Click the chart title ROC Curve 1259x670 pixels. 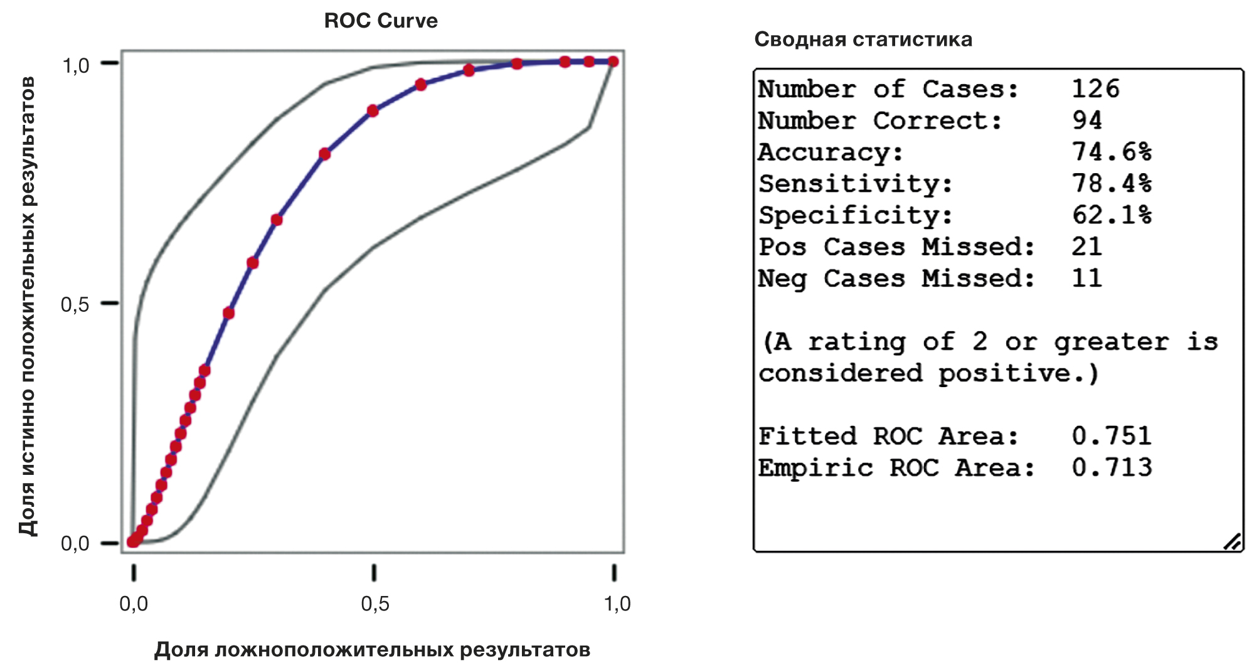coord(381,21)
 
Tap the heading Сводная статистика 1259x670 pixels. coord(863,40)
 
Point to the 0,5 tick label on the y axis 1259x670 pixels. coord(75,305)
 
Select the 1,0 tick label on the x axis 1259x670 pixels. coord(617,604)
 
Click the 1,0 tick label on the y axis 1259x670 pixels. coord(76,65)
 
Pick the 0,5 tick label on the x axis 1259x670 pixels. coord(375,604)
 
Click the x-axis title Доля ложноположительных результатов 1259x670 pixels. coord(372,649)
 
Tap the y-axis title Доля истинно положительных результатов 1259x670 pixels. coord(28,306)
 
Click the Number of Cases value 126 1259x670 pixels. coord(1095,88)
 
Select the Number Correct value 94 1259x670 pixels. coord(1087,120)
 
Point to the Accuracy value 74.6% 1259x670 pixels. coord(1112,152)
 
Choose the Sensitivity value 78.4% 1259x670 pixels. coord(1112,183)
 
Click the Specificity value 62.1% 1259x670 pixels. coord(1112,215)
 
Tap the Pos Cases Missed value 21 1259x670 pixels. coord(1087,247)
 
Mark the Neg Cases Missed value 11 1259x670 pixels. coord(1087,278)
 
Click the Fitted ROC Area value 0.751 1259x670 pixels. coord(1112,435)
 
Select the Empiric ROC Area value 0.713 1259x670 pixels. coord(1112,467)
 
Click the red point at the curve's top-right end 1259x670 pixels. coord(613,61)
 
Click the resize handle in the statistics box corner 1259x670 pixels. coord(1233,542)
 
